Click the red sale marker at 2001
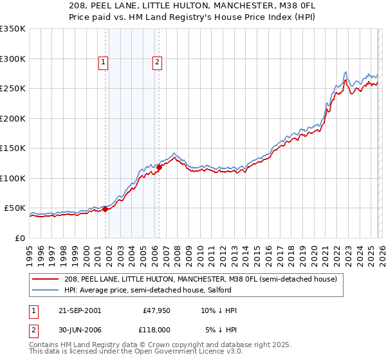105,209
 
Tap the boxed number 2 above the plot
157,62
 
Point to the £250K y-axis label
13,89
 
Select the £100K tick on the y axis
13,178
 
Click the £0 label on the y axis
19,238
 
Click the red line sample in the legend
46,279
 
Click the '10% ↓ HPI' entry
218,310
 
